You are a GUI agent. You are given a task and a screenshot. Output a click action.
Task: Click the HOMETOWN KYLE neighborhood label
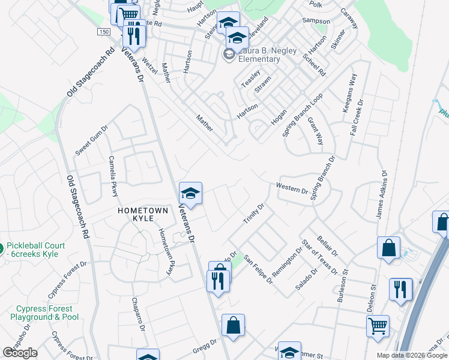140,215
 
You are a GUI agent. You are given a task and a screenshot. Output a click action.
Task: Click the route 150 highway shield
104,31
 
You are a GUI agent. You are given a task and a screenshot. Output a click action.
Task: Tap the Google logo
20,353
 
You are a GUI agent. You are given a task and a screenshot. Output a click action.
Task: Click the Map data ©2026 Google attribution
412,355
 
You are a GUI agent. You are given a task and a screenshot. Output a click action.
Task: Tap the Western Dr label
292,188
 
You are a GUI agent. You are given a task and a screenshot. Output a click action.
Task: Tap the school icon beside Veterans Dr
190,193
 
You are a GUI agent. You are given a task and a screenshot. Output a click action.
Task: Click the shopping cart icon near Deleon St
378,326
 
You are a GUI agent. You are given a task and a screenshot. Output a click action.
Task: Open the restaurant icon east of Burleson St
400,289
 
